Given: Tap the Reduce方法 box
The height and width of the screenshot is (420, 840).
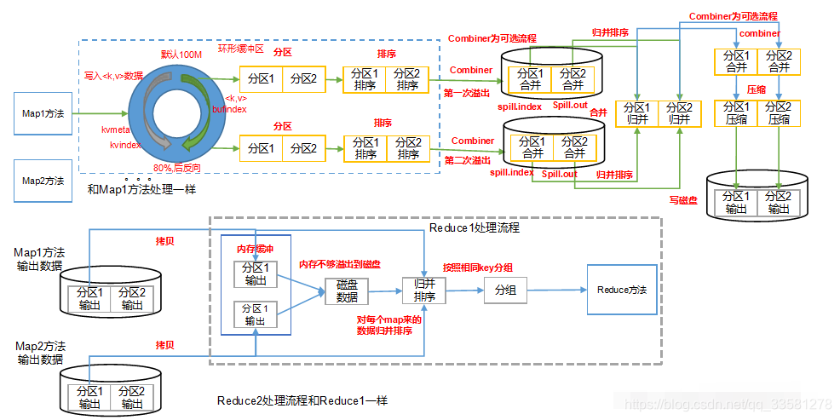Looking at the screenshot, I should click(621, 291).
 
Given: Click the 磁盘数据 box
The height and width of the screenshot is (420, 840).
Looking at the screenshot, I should click(347, 292).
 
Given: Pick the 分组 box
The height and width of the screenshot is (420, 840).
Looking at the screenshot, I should click(505, 291).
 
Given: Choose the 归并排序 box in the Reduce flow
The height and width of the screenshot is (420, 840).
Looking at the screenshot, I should click(424, 291).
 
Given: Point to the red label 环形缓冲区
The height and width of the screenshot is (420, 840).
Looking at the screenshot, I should click(242, 48).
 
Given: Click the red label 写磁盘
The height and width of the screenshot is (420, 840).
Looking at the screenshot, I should click(684, 200).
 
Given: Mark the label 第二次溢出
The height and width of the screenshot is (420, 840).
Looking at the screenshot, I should click(467, 160).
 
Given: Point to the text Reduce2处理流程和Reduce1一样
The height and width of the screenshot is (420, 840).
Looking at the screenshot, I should click(302, 400).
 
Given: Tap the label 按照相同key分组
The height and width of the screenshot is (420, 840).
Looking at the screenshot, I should click(477, 268).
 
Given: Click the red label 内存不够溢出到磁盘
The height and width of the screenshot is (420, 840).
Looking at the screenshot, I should click(341, 265).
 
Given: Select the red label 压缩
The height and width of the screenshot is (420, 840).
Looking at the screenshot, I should click(756, 89).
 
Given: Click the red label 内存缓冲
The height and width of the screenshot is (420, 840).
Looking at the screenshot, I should click(255, 248).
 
